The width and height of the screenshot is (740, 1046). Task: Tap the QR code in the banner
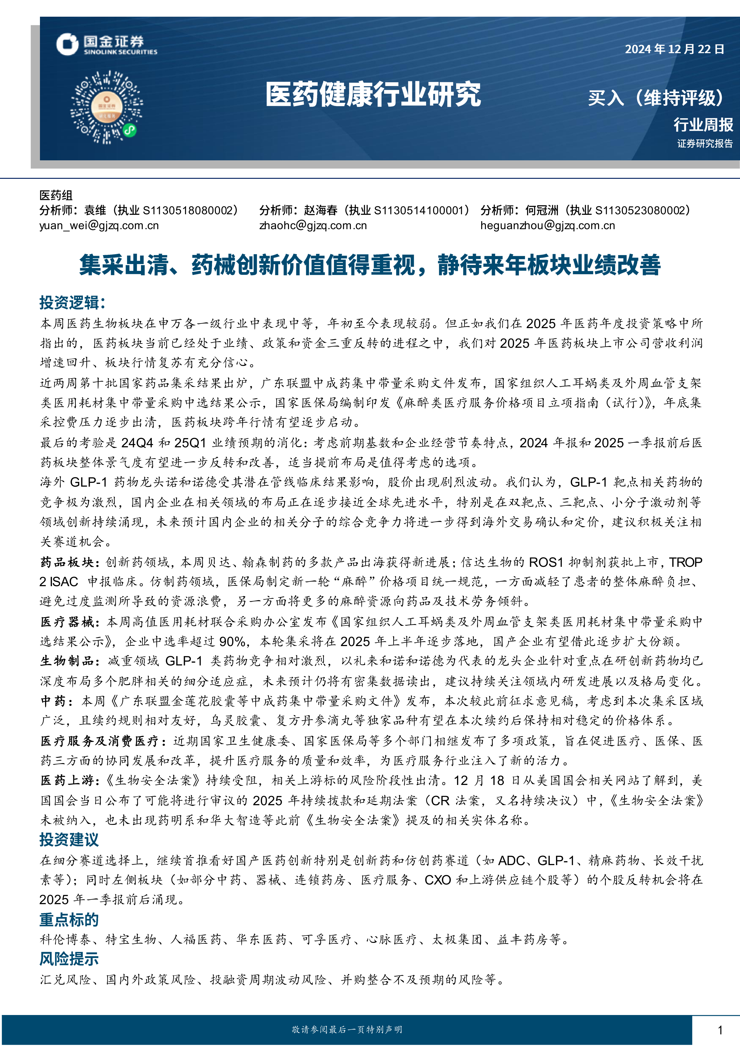coord(106,108)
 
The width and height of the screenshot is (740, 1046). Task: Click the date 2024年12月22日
coord(674,49)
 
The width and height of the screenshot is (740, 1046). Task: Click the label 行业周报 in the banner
coord(703,124)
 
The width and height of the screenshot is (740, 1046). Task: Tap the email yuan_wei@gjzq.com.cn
coord(99,226)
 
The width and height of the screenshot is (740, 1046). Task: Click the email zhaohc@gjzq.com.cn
coord(312,226)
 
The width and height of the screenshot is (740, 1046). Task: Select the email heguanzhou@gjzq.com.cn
coord(547,226)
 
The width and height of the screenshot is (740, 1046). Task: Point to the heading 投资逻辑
coord(72,302)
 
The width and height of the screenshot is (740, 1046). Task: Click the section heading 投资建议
coord(69,839)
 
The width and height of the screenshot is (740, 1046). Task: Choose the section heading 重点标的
coord(69,920)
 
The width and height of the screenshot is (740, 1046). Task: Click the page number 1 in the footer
coord(720,1030)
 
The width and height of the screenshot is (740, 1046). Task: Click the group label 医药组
coord(55,195)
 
